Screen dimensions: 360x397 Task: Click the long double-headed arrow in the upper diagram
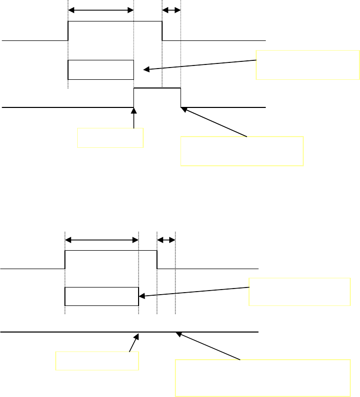pyautogui.click(x=100, y=10)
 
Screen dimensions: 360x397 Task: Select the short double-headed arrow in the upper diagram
pyautogui.click(x=171, y=10)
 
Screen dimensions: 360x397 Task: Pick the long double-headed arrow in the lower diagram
pyautogui.click(x=102, y=239)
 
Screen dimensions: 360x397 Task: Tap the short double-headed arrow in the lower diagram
pyautogui.click(x=166, y=239)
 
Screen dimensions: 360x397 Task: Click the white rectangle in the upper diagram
pyautogui.click(x=100, y=70)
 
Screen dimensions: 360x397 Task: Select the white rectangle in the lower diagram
pyautogui.click(x=101, y=296)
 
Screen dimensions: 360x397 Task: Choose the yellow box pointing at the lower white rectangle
pyautogui.click(x=300, y=292)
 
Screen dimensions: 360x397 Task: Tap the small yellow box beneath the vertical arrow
pyautogui.click(x=110, y=138)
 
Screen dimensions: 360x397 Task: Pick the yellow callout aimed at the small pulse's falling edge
pyautogui.click(x=242, y=151)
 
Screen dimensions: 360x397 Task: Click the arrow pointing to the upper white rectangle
pyautogui.click(x=199, y=65)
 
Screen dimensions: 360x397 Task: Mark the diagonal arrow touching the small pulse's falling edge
pyautogui.click(x=215, y=122)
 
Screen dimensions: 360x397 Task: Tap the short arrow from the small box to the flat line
pyautogui.click(x=133, y=343)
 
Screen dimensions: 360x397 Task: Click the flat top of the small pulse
pyautogui.click(x=157, y=88)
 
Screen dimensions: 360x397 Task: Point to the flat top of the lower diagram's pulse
pyautogui.click(x=110, y=251)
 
